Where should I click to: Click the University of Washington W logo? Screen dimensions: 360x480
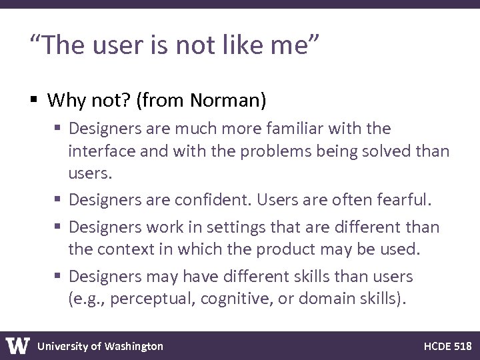pyautogui.click(x=18, y=346)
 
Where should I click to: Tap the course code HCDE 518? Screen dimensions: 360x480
pyautogui.click(x=447, y=346)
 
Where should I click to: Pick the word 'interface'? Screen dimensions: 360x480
pyautogui.click(x=99, y=151)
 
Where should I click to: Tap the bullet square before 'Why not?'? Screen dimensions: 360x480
pyautogui.click(x=34, y=101)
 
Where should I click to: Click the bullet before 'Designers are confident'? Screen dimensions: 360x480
pyautogui.click(x=57, y=199)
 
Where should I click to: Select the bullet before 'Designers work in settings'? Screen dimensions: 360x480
pyautogui.click(x=57, y=227)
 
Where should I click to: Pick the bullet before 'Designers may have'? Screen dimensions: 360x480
pyautogui.click(x=57, y=276)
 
